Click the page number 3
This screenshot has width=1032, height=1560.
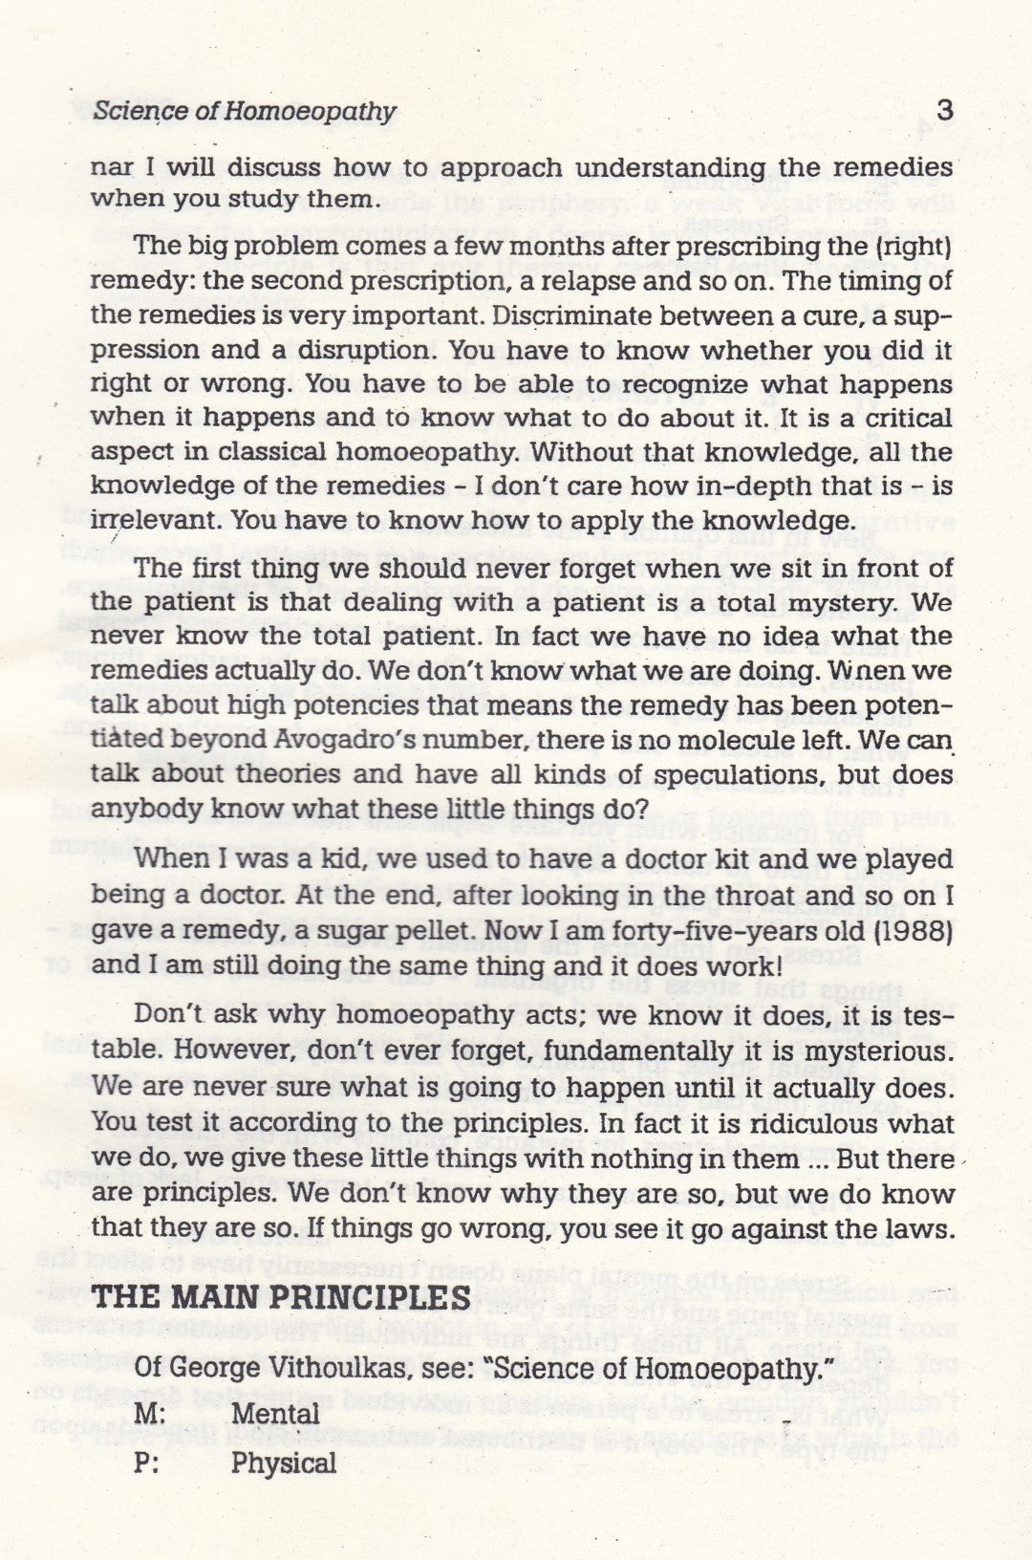pos(943,110)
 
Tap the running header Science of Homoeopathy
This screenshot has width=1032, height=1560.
pos(245,112)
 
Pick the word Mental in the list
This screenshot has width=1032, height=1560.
pos(276,1413)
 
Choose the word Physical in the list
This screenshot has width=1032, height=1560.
pos(284,1463)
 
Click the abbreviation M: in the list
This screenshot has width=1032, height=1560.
pos(149,1413)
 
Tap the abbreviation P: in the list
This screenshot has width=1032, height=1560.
pos(147,1463)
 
